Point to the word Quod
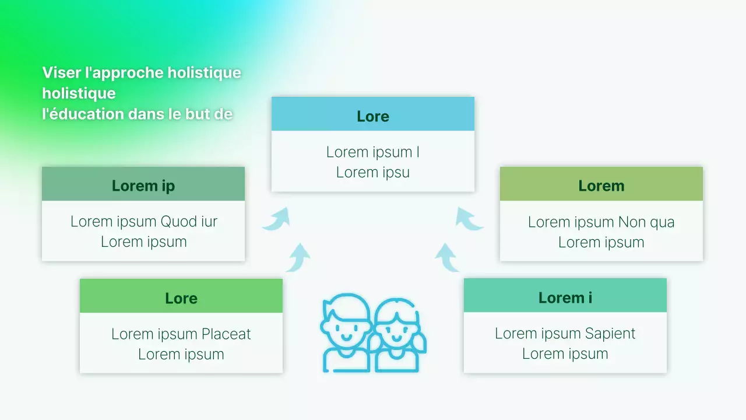point(178,222)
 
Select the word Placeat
point(226,334)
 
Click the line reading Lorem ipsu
point(373,173)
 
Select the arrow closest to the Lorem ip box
point(276,219)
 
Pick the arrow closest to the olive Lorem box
point(469,219)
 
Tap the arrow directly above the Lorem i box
point(447,258)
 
